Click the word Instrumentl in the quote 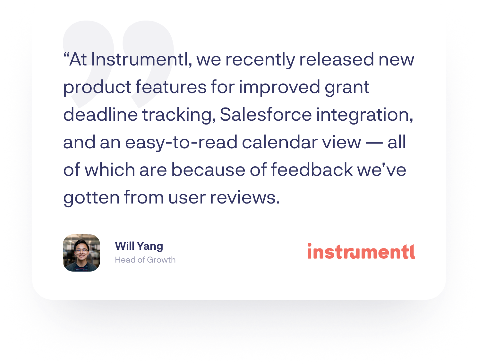coord(141,60)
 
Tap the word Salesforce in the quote coord(266,115)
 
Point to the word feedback coord(312,170)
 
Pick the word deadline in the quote coord(100,115)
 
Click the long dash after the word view coord(374,143)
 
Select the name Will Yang coord(139,246)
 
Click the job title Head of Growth coord(145,260)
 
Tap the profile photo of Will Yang coord(81,253)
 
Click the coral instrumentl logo coord(361,251)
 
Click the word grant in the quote coord(347,88)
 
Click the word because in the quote coord(208,170)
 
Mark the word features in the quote coord(171,88)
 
